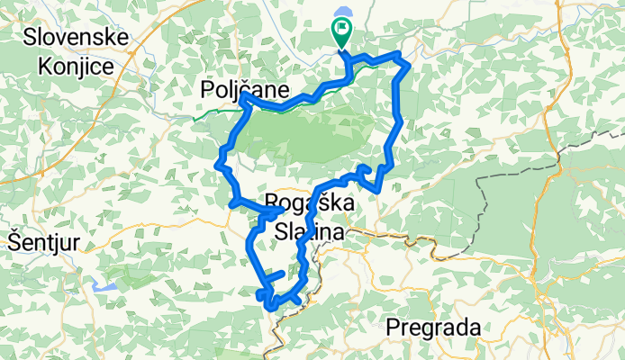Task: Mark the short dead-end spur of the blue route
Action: pyautogui.click(x=274, y=274)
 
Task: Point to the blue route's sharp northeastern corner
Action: pyautogui.click(x=409, y=64)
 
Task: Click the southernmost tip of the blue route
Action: pyautogui.click(x=271, y=309)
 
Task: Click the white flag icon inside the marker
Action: pyautogui.click(x=342, y=28)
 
